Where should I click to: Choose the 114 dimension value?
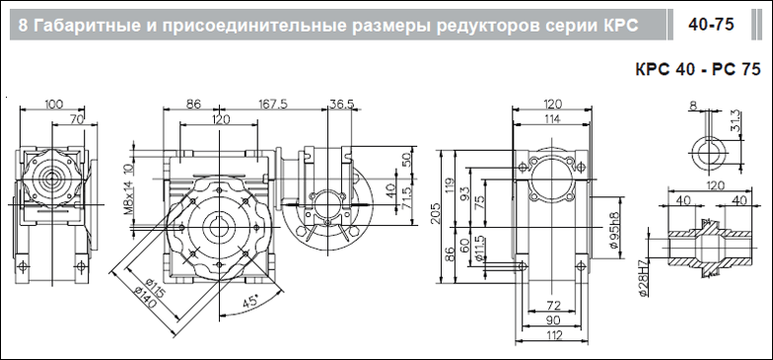pyautogui.click(x=551, y=118)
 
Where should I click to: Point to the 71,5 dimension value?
pyautogui.click(x=408, y=197)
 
